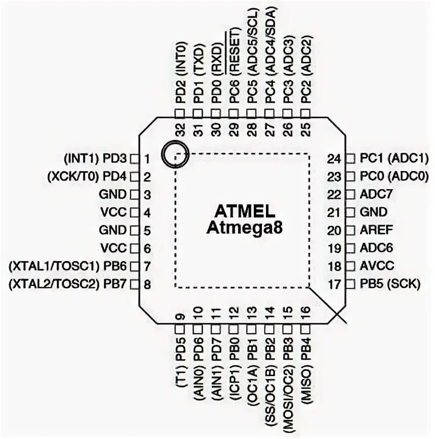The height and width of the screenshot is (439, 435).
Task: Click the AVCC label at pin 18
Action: (377, 266)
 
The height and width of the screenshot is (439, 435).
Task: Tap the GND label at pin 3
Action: (112, 194)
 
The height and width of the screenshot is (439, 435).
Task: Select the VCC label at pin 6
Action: (113, 248)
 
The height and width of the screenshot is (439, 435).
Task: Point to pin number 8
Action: (147, 284)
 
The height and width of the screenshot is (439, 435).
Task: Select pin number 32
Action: (181, 130)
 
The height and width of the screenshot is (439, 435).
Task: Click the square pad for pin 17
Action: (350, 284)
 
